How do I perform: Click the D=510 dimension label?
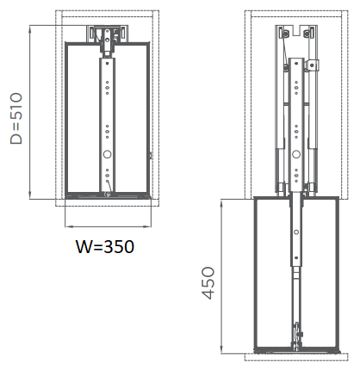tap(16, 118)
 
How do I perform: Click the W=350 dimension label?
tap(105, 246)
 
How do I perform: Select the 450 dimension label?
tap(208, 283)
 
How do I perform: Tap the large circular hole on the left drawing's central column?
tap(107, 154)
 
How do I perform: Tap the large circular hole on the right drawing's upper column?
tap(296, 154)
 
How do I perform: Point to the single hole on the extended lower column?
tap(296, 232)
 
